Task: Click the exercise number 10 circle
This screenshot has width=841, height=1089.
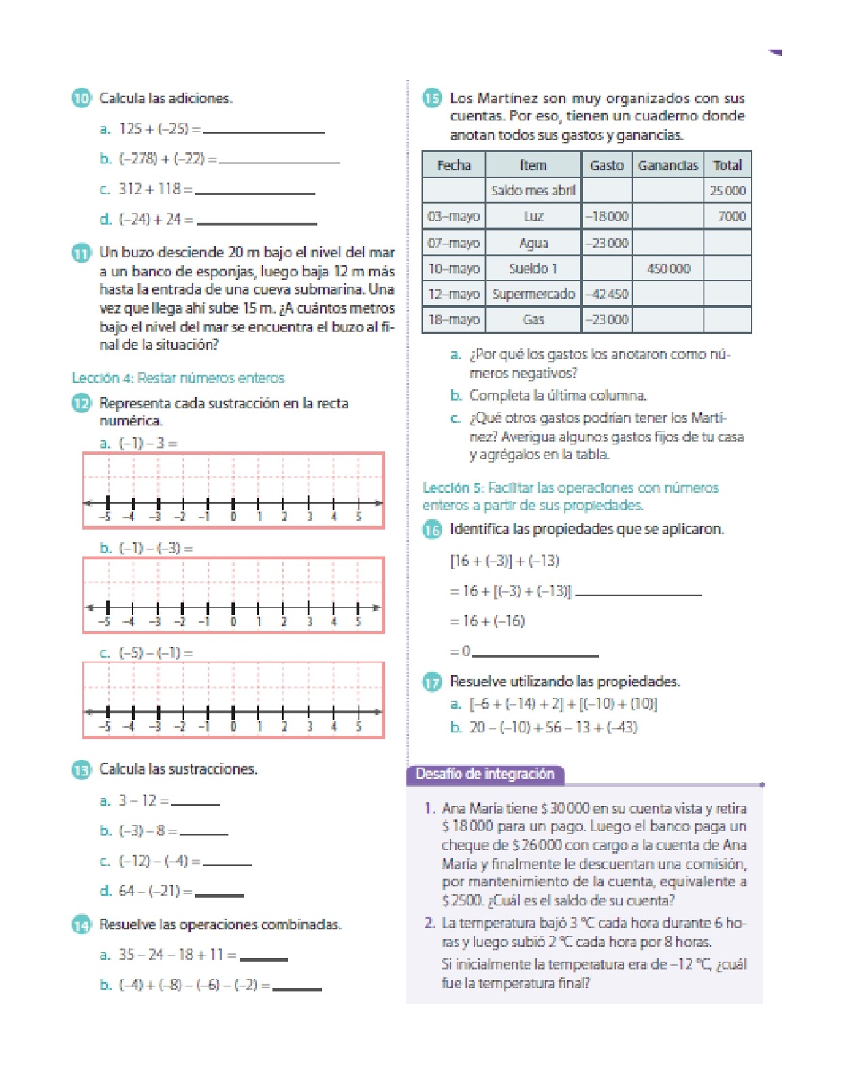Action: (x=81, y=98)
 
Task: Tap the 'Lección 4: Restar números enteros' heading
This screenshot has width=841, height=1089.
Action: (x=178, y=378)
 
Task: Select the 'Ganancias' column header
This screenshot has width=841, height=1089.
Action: (x=667, y=165)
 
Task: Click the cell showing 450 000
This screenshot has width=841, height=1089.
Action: (x=667, y=269)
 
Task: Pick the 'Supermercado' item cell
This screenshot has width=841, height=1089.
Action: (x=533, y=294)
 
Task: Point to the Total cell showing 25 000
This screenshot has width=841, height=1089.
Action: (x=727, y=191)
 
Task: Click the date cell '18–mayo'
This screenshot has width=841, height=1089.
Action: (x=454, y=319)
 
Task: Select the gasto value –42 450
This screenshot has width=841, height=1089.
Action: (x=606, y=294)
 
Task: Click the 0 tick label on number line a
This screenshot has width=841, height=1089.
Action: (x=233, y=517)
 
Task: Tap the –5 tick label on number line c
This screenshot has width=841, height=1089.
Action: (x=104, y=727)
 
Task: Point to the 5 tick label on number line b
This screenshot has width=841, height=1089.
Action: (x=359, y=621)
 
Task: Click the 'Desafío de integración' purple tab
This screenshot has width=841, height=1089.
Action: (x=485, y=774)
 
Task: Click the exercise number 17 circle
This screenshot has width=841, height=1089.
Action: (x=432, y=681)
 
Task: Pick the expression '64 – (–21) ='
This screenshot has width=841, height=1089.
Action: (x=156, y=891)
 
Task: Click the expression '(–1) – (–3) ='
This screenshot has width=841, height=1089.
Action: (x=156, y=548)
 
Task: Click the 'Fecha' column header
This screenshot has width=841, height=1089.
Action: (x=454, y=165)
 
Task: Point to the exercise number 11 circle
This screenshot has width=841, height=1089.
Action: (x=81, y=253)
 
